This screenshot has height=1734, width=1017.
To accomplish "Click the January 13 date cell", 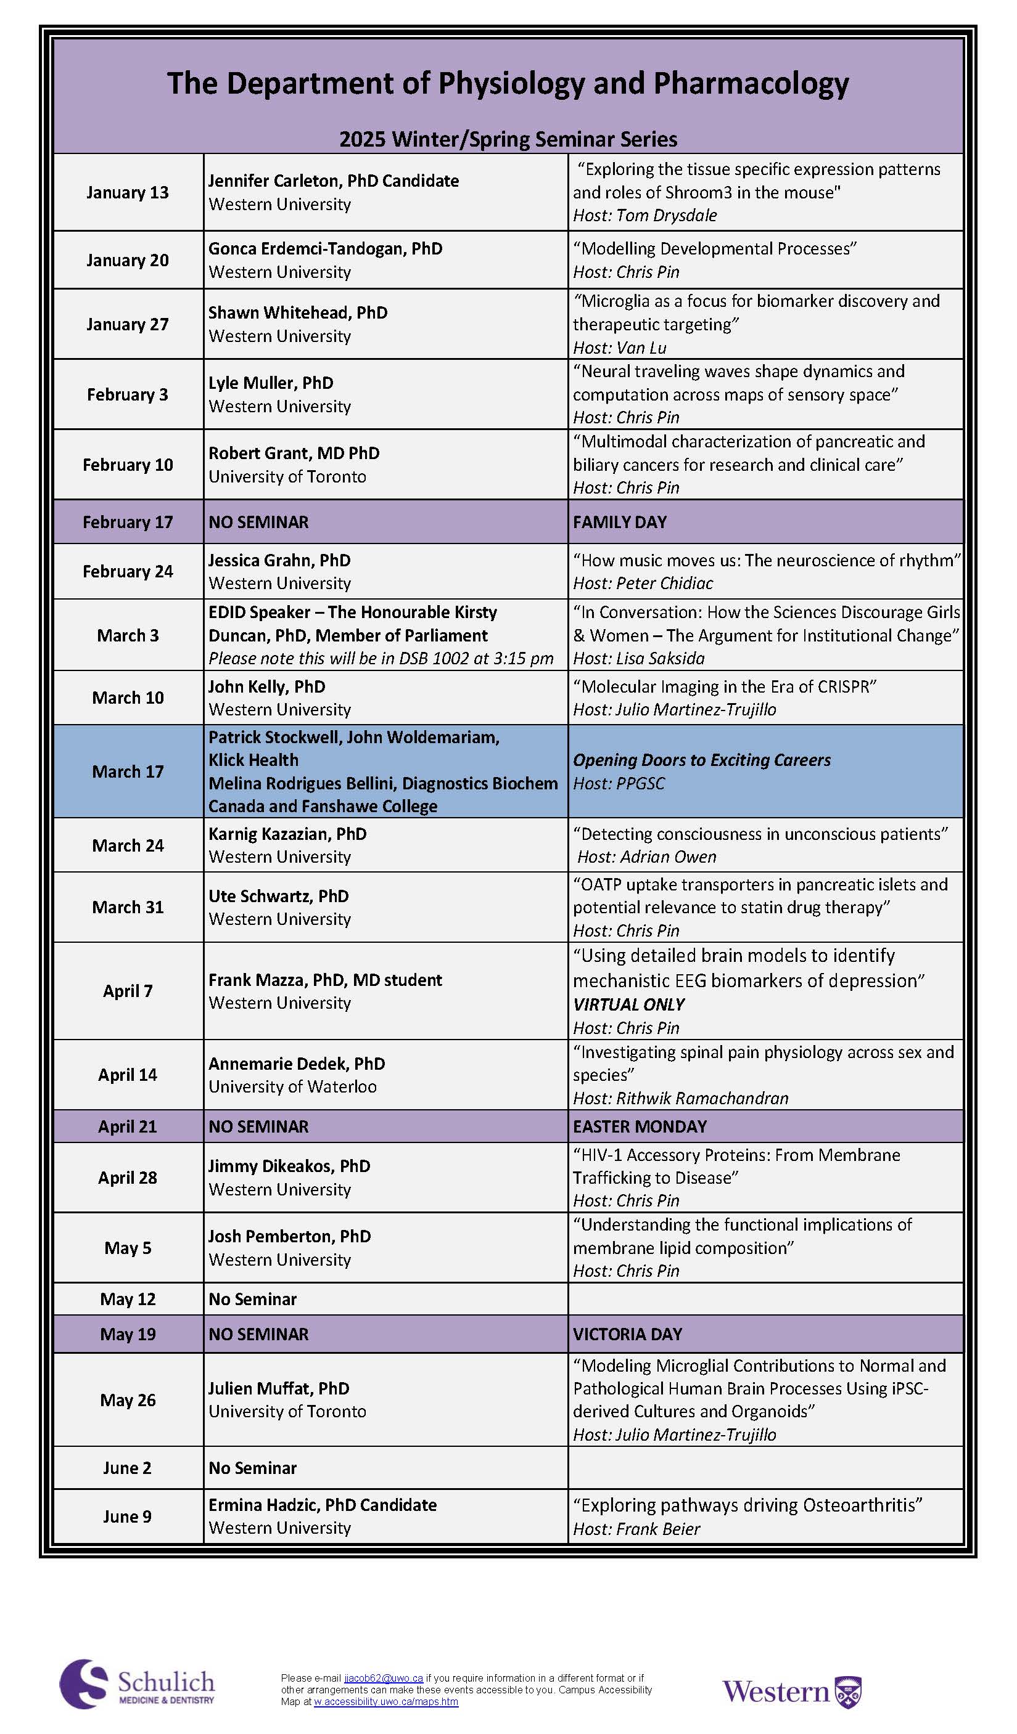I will pyautogui.click(x=128, y=193).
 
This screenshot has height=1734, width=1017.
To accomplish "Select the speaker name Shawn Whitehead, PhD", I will pyautogui.click(x=297, y=312).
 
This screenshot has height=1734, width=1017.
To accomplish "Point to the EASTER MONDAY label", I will pyautogui.click(x=640, y=1126).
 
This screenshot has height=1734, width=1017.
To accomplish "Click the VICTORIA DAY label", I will pyautogui.click(x=627, y=1333).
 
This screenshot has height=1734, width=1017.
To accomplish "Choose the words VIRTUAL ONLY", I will pyautogui.click(x=628, y=1004).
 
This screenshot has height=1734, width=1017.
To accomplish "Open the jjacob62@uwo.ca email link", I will pyautogui.click(x=384, y=1679).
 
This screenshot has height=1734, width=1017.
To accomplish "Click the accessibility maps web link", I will pyautogui.click(x=385, y=1702).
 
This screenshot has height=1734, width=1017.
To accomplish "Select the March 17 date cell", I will pyautogui.click(x=128, y=771).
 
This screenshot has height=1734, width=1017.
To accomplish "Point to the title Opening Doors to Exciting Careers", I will pyautogui.click(x=702, y=760).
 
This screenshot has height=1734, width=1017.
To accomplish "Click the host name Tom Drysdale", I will pyautogui.click(x=667, y=216).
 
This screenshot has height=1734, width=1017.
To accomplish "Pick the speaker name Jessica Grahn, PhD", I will pyautogui.click(x=279, y=560).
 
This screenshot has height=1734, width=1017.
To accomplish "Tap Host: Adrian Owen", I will pyautogui.click(x=646, y=857).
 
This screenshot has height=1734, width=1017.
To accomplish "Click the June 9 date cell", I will pyautogui.click(x=128, y=1516).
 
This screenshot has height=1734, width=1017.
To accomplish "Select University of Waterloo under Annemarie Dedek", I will pyautogui.click(x=292, y=1086).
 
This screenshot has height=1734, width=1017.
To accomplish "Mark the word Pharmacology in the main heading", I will pyautogui.click(x=751, y=83).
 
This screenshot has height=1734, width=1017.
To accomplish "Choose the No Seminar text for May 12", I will pyautogui.click(x=253, y=1299).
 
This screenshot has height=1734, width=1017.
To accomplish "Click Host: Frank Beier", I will pyautogui.click(x=636, y=1529).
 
